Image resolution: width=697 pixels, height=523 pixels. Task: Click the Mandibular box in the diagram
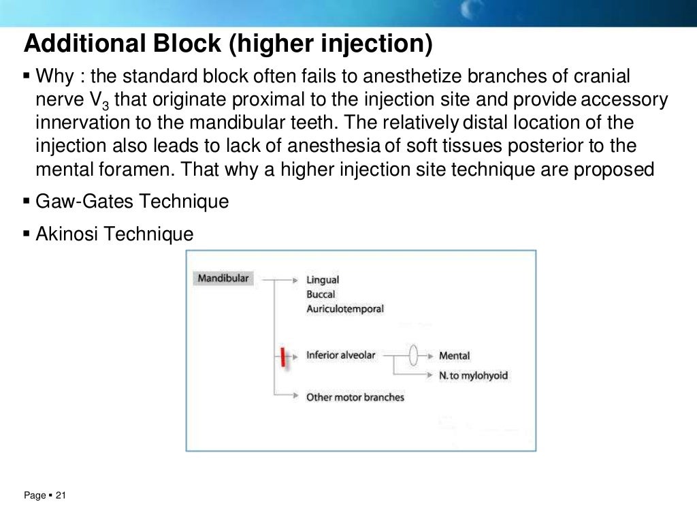(x=223, y=279)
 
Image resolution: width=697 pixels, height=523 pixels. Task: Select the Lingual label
(x=323, y=280)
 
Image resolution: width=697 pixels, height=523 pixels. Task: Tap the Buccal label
(x=321, y=294)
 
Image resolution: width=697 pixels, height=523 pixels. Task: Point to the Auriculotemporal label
(x=345, y=308)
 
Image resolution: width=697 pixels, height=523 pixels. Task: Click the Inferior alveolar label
(x=340, y=355)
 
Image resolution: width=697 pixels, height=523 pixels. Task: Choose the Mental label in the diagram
(x=454, y=355)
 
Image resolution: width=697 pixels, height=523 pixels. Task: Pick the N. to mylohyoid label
(x=473, y=375)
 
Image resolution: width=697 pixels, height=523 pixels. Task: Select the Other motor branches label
(x=355, y=397)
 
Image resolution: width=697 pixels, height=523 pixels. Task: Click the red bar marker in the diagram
(x=282, y=356)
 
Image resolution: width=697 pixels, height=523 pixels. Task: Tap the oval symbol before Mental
(x=413, y=355)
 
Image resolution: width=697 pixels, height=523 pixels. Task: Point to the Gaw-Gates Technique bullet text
(x=132, y=202)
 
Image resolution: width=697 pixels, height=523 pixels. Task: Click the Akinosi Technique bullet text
(x=114, y=234)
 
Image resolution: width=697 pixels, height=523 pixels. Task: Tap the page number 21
(x=60, y=496)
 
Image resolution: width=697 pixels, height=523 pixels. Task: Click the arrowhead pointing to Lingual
(x=295, y=280)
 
